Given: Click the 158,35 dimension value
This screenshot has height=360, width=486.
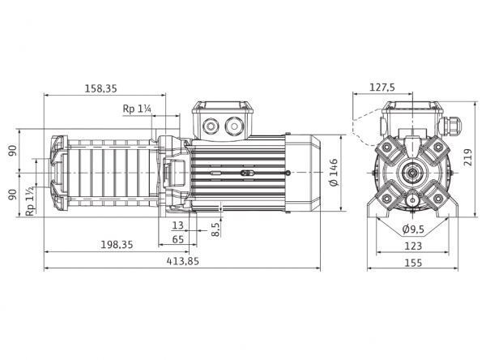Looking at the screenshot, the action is coord(101,88).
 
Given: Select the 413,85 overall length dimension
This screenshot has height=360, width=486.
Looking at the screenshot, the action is coord(182,261).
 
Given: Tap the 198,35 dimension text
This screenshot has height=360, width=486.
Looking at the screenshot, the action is coord(117,245).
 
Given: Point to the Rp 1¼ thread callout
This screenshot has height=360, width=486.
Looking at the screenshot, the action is coord(137,109).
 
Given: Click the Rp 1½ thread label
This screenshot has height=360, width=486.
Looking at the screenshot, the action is coord(30,201).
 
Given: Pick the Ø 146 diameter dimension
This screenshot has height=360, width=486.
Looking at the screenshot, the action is coord(334,173).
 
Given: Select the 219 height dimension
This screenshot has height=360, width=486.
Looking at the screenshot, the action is coord(468,157).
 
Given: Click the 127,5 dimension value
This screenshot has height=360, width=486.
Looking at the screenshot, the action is coord(382,88).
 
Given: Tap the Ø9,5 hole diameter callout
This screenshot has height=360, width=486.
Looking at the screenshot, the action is coord(413,229).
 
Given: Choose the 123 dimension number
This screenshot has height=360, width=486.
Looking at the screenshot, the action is coord(413,246).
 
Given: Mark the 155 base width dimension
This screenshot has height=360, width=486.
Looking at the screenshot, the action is coord(413,263).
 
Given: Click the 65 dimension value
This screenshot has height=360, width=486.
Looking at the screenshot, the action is coord(178,239).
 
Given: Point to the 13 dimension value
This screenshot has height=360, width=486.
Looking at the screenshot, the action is coord(178,225).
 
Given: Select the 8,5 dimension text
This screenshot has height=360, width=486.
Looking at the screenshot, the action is coord(216,229).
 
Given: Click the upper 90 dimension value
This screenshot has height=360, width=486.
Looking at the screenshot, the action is coord(13,151).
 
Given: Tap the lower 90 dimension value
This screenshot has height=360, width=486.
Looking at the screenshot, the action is coord(13,195).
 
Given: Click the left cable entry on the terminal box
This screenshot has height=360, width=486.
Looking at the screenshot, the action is coord(211,126).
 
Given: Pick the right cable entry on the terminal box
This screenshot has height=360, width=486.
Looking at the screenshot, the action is coord(233,126).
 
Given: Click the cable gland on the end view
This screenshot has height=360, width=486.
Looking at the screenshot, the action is coord(450,125).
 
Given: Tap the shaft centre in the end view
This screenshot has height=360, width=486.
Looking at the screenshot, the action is coord(413,173).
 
